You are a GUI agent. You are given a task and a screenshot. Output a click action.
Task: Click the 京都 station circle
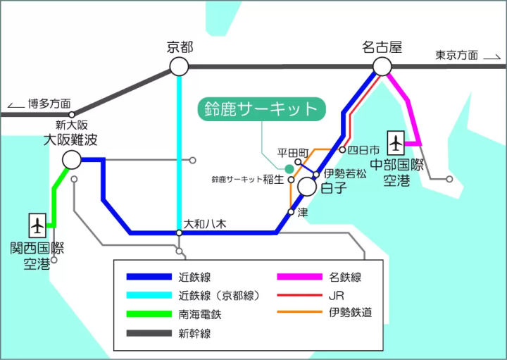(x=179, y=67)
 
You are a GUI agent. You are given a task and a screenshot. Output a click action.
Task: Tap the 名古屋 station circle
(x=382, y=67)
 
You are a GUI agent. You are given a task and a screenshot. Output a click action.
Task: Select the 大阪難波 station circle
(x=72, y=160)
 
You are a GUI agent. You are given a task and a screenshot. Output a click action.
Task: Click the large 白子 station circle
(x=307, y=187)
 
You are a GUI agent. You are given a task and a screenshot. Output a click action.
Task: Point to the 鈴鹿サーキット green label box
(x=261, y=108)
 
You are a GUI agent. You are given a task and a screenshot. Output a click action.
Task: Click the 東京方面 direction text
(x=456, y=55)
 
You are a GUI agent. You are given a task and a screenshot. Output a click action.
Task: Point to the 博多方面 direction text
(x=49, y=104)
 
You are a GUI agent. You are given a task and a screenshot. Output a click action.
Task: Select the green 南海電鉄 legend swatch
(x=149, y=314)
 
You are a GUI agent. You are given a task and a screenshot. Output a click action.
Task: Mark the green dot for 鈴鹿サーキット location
(x=289, y=168)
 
